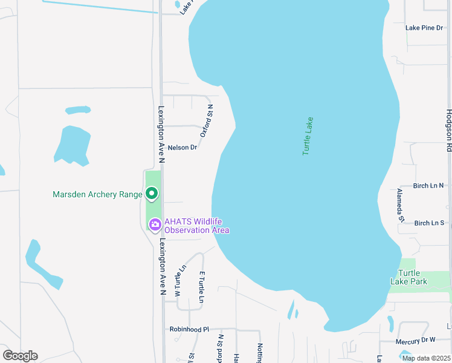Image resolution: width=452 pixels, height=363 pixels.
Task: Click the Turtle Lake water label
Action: click(x=308, y=136)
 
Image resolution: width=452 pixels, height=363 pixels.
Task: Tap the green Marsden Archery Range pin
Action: click(x=152, y=194)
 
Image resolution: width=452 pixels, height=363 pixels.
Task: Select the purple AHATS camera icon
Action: click(x=155, y=225)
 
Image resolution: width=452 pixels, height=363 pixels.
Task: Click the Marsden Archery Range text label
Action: click(x=97, y=194)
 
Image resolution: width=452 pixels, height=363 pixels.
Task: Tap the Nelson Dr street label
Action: click(x=182, y=148)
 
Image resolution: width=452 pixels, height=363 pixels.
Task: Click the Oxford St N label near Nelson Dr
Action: click(x=207, y=120)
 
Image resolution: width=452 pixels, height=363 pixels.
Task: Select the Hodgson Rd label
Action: click(x=448, y=130)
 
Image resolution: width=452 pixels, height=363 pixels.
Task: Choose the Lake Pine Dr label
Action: click(x=424, y=28)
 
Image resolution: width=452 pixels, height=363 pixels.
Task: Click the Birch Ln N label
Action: click(x=428, y=186)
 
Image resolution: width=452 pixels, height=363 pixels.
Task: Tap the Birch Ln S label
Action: click(x=429, y=223)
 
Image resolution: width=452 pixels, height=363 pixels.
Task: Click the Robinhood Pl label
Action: click(x=189, y=330)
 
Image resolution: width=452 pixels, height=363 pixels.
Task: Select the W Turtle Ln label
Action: click(x=180, y=281)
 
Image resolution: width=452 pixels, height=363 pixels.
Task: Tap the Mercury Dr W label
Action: click(x=416, y=341)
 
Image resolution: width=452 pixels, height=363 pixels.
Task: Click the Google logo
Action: click(x=20, y=356)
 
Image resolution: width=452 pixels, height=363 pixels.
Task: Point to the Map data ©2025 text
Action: click(x=425, y=358)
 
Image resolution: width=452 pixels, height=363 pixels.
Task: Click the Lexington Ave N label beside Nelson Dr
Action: click(x=161, y=135)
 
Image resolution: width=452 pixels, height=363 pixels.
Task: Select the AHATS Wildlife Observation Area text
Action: click(x=197, y=226)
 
